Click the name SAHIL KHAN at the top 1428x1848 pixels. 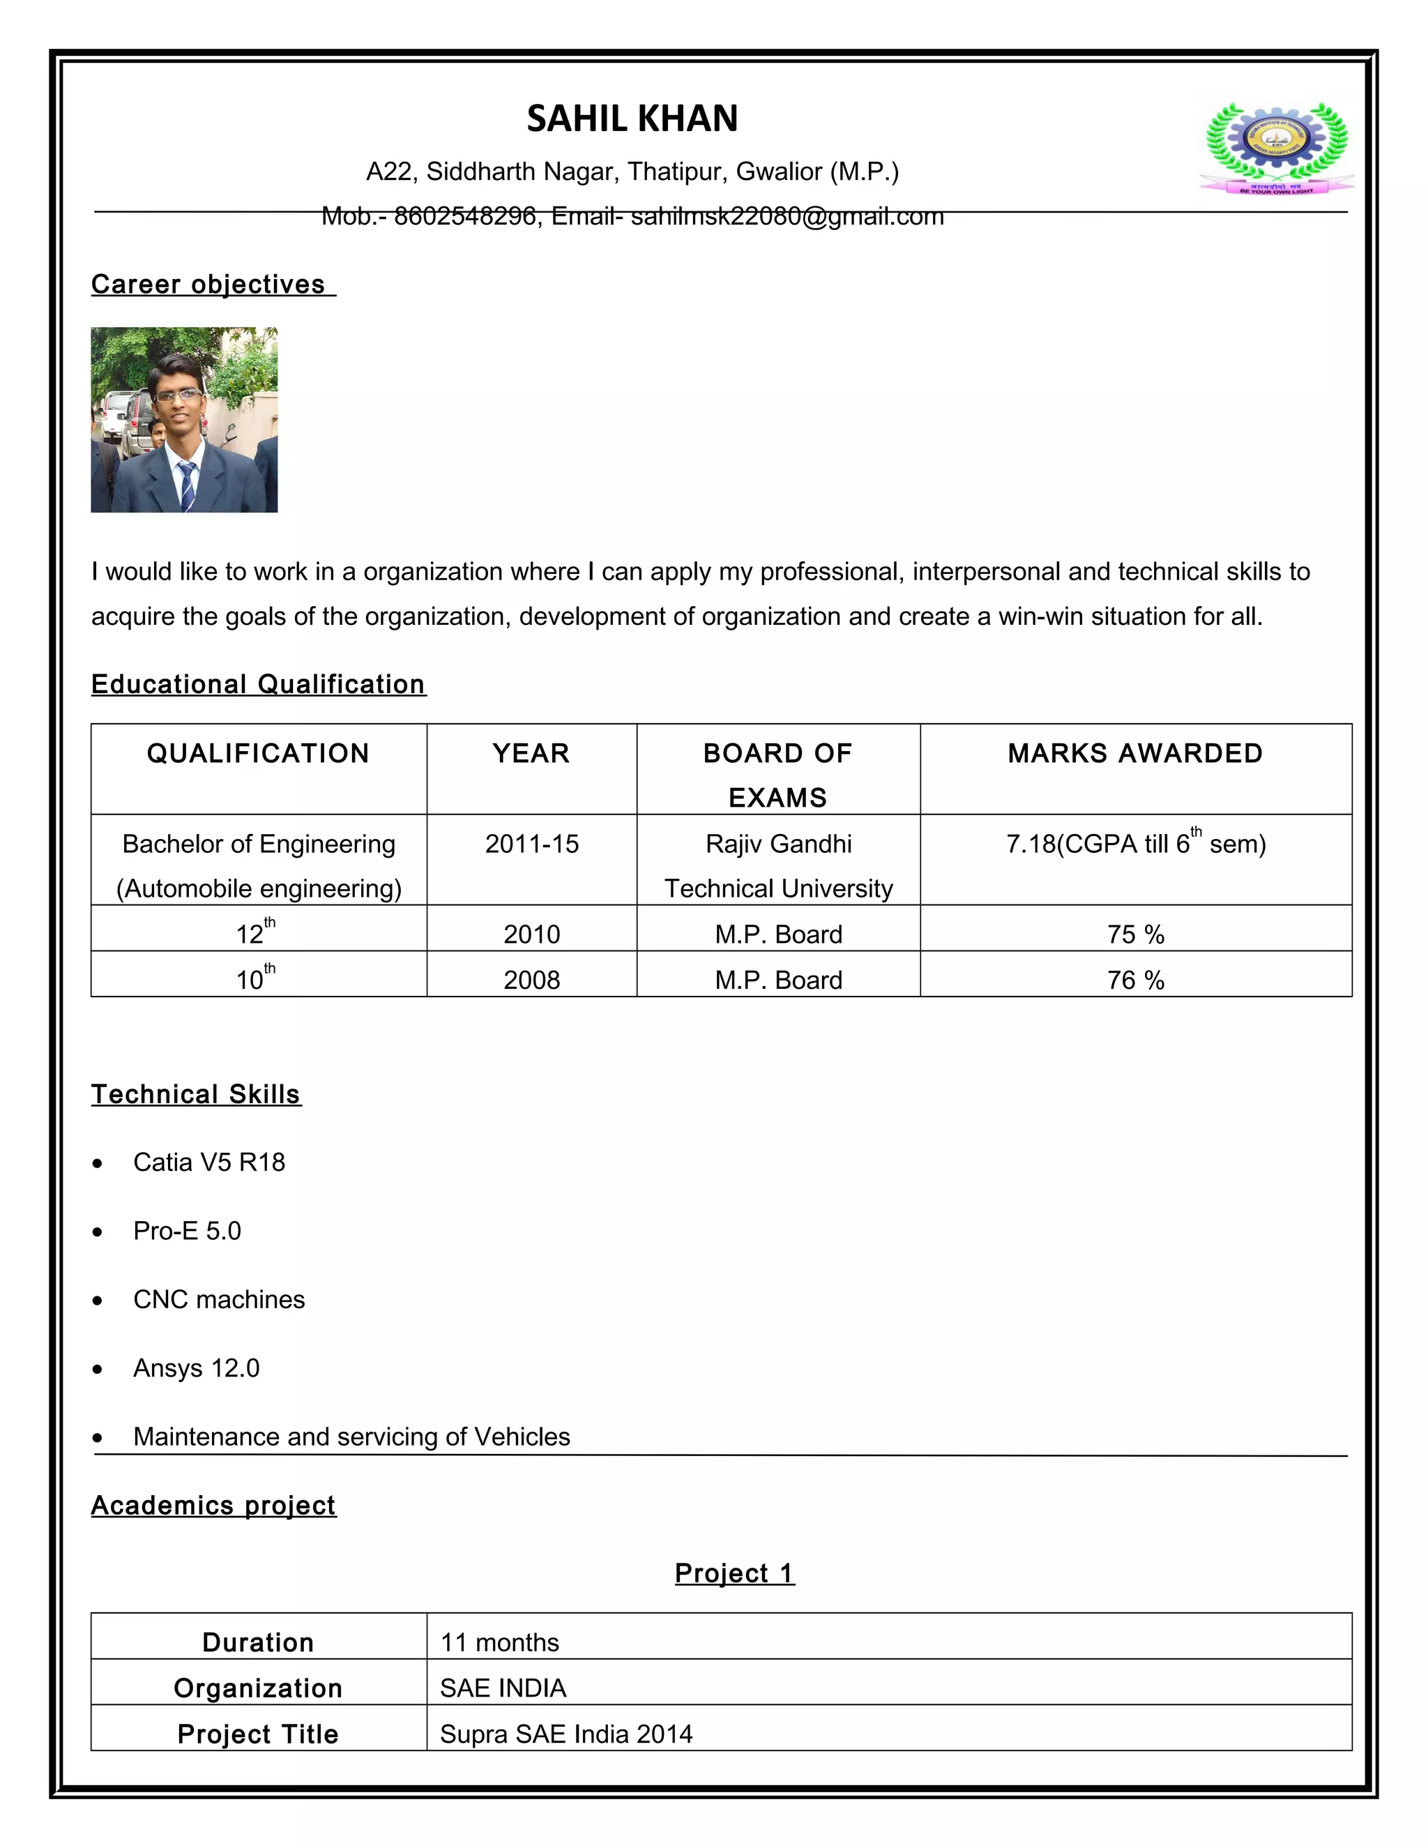click(632, 119)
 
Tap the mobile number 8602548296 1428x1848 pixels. click(464, 217)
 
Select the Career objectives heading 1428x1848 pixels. click(209, 285)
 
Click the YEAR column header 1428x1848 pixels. click(531, 753)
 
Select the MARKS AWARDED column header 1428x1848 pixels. click(1134, 753)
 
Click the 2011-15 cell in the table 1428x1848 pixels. click(531, 844)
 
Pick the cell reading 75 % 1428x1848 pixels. click(1135, 934)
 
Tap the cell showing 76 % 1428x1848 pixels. click(1135, 980)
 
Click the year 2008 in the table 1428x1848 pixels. click(531, 980)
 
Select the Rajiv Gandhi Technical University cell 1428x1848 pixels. click(778, 865)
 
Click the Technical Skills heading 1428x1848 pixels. click(196, 1094)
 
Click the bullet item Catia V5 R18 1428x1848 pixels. click(209, 1162)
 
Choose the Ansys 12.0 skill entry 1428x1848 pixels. click(196, 1368)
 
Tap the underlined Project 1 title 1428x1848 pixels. click(734, 1573)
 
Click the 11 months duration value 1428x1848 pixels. click(500, 1642)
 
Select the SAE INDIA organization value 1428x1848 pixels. click(503, 1688)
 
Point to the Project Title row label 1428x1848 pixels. click(258, 1734)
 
